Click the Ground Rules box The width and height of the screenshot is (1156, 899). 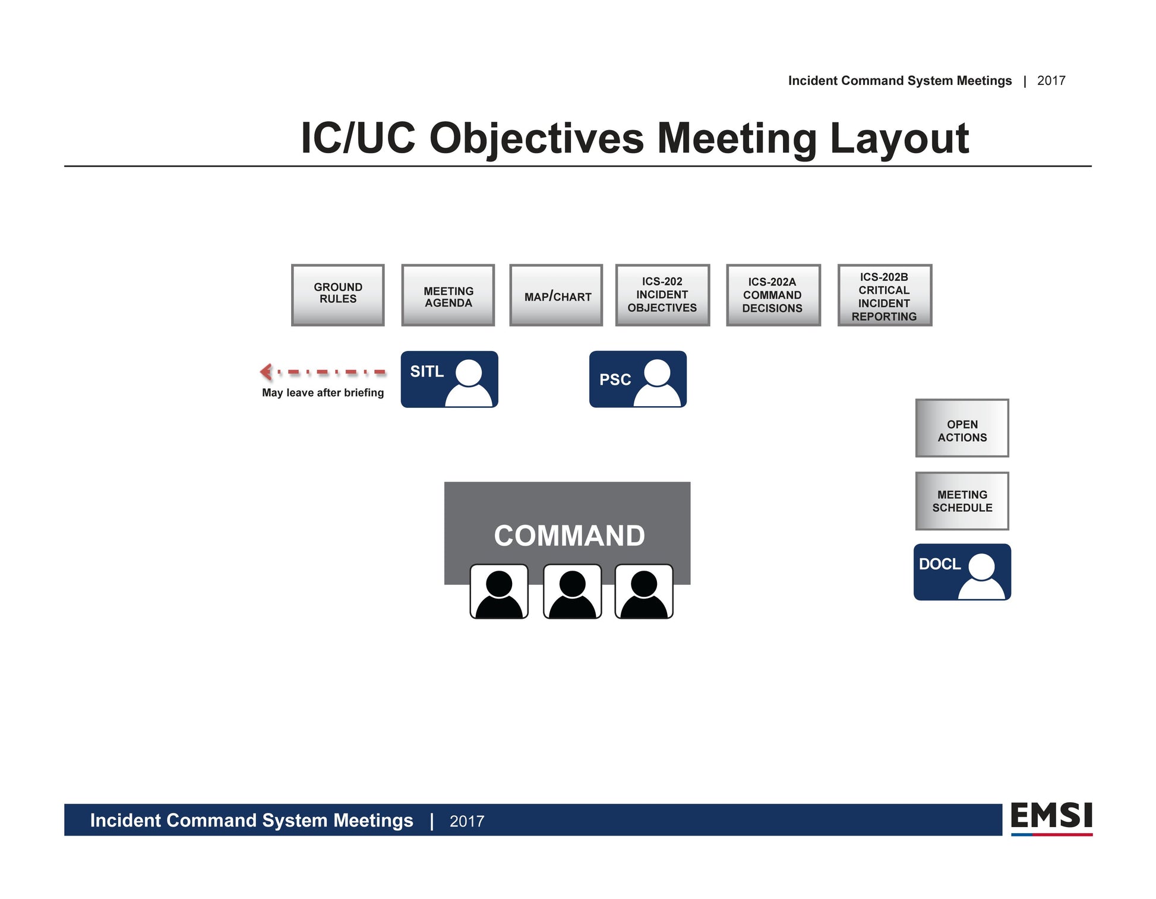pos(337,295)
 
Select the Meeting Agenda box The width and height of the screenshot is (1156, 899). pos(448,295)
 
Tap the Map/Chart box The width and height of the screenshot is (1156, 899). pos(556,295)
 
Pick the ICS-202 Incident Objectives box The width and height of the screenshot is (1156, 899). pos(662,295)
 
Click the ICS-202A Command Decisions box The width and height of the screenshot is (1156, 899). pos(773,295)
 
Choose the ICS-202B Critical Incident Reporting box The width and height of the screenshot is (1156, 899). pos(885,295)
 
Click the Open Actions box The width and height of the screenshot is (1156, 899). pos(962,428)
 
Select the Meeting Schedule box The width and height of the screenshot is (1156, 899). pos(962,501)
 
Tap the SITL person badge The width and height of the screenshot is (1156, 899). pos(449,379)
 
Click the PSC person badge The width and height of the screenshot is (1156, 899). pos(637,379)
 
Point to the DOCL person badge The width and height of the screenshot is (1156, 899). pos(962,572)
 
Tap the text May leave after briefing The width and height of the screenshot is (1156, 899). pos(323,392)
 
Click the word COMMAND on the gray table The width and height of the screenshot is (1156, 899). pos(569,536)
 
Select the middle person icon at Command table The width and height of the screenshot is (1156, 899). pos(572,591)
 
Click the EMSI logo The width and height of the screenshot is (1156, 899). pos(1051,818)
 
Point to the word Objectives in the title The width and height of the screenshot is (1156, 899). pos(536,138)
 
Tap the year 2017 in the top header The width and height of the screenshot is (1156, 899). pos(1051,81)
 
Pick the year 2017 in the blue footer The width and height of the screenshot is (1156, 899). pos(467,821)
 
